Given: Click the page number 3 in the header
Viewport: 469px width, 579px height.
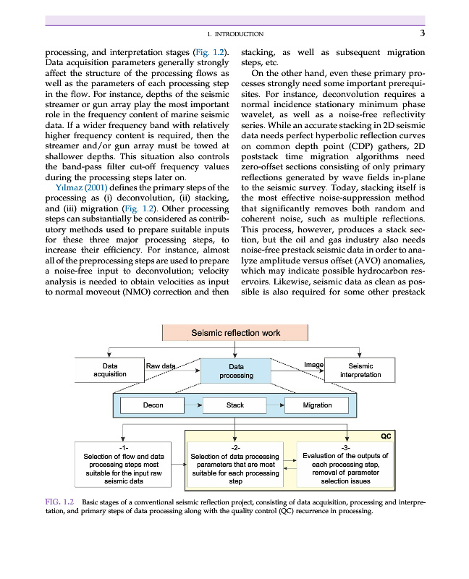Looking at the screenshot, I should click(422, 33).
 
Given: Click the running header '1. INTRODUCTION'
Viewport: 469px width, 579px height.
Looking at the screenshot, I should click(235, 34).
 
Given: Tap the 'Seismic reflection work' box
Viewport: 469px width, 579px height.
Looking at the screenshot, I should click(235, 333).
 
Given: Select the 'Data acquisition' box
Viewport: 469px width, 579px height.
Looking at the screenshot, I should click(110, 370).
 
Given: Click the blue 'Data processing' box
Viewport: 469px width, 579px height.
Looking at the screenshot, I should click(236, 371).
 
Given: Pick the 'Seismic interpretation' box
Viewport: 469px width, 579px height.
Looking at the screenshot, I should click(360, 370).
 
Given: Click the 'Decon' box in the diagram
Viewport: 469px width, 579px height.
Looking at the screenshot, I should click(153, 405).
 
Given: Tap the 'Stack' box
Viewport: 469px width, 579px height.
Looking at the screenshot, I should click(235, 405).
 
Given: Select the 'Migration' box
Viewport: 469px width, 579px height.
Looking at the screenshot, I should click(317, 405).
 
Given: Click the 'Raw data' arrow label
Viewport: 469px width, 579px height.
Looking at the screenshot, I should click(161, 366).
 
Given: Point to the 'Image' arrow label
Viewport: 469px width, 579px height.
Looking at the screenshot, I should click(313, 365).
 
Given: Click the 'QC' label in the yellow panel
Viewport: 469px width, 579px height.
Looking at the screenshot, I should click(386, 436).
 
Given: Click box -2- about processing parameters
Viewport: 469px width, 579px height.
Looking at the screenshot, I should click(234, 465).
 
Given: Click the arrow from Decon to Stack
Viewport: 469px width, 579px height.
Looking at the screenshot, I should click(193, 405).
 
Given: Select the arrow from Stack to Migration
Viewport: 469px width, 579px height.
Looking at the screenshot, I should click(276, 405).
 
